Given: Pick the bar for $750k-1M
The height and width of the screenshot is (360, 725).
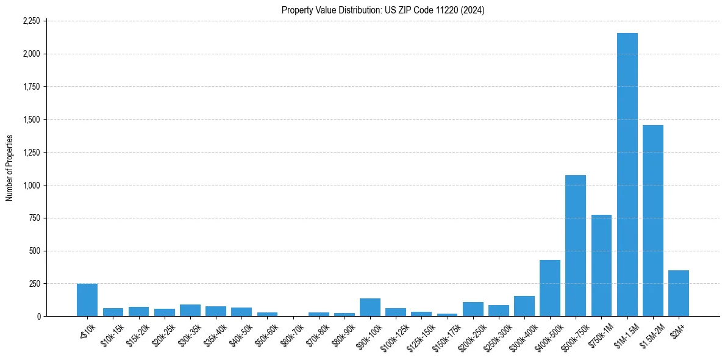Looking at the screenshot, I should click(x=601, y=265).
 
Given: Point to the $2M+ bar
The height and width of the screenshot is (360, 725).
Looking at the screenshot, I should click(x=678, y=293).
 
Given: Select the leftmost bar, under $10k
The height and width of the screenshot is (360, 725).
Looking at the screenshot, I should click(x=87, y=300).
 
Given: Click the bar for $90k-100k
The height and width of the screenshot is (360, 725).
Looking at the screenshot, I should click(x=370, y=308).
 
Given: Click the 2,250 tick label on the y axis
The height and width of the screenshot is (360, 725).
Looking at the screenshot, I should click(x=31, y=21).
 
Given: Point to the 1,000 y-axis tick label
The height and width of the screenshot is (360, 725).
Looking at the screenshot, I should click(x=31, y=185).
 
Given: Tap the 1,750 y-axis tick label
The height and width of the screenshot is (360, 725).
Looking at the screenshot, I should click(x=31, y=87).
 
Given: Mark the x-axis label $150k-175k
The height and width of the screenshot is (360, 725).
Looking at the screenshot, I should click(x=446, y=335).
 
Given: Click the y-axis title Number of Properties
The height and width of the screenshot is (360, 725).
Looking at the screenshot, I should click(x=10, y=168).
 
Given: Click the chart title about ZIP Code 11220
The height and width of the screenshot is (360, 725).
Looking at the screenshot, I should click(x=383, y=10).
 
